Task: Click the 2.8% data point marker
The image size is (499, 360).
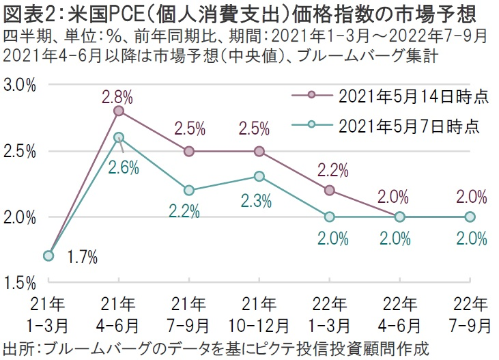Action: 119,111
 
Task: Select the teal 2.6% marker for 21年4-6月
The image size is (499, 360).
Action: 119,137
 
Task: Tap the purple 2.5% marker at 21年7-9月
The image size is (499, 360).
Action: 189,151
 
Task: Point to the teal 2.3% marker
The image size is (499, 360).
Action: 259,177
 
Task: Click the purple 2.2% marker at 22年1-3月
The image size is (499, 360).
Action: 330,190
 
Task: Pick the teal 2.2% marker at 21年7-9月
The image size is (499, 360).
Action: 189,190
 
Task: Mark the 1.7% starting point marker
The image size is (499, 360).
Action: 48,255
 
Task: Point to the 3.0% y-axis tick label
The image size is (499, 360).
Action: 20,85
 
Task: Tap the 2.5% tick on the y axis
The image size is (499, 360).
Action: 20,151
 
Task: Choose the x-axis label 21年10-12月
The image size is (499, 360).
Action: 259,311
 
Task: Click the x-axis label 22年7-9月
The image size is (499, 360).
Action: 470,311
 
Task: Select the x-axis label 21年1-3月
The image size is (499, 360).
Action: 48,311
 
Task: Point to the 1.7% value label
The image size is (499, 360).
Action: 82,258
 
